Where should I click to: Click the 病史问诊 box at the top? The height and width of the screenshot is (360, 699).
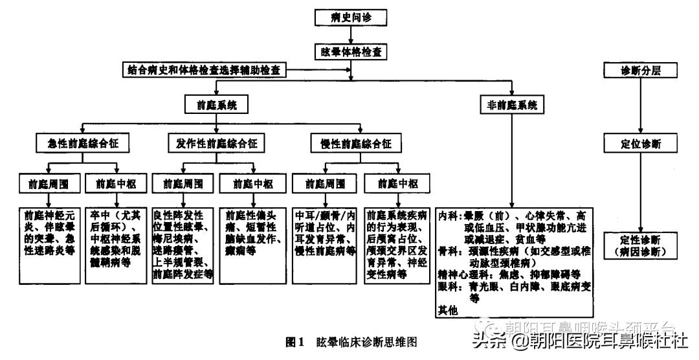pyautogui.click(x=351, y=18)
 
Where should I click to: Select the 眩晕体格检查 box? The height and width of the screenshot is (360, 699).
pyautogui.click(x=351, y=50)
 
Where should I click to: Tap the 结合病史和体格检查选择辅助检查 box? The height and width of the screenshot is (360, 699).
pyautogui.click(x=204, y=69)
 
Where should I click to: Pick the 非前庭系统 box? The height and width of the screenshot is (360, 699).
pyautogui.click(x=512, y=104)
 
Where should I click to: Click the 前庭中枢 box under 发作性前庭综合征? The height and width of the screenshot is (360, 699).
pyautogui.click(x=250, y=183)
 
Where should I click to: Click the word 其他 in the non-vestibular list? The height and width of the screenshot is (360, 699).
pyautogui.click(x=448, y=311)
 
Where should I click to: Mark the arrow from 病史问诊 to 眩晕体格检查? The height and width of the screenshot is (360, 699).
pyautogui.click(x=351, y=34)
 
